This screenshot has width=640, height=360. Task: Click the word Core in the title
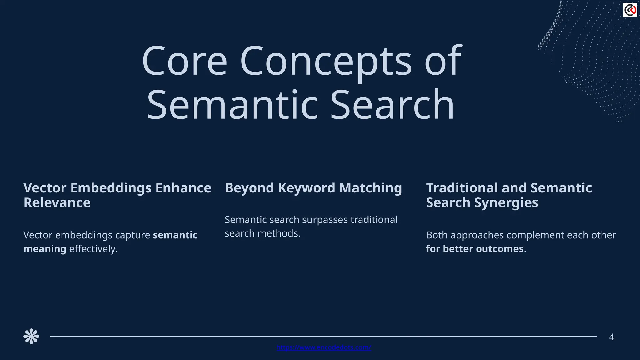184,62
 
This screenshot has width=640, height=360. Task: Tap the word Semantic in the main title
232,105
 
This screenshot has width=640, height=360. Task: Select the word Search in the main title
392,105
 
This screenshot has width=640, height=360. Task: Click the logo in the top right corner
630,10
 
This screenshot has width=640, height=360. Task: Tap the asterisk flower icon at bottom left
31,337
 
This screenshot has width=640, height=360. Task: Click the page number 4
612,337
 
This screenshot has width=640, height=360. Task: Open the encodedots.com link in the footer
324,347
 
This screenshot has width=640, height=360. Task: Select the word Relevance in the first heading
57,203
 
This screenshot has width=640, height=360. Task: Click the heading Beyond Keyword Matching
313,188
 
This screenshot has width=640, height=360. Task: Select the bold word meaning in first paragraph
45,249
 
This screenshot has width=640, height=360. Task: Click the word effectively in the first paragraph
93,249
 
